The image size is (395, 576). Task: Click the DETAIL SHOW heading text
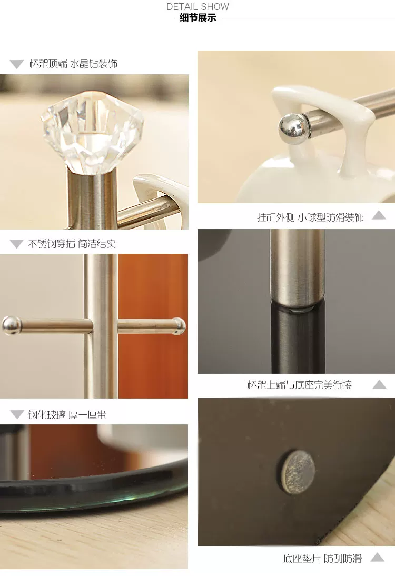pyautogui.click(x=197, y=7)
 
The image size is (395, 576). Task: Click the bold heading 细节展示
pyautogui.click(x=197, y=17)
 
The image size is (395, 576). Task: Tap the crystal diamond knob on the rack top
pyautogui.click(x=92, y=132)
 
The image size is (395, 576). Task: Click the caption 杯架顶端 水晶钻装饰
pyautogui.click(x=74, y=64)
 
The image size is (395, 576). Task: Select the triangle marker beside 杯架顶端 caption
pyautogui.click(x=16, y=64)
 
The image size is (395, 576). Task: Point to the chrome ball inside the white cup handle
pyautogui.click(x=291, y=128)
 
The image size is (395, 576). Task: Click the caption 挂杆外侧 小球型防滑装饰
pyautogui.click(x=311, y=217)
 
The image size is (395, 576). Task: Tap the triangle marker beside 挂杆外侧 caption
pyautogui.click(x=379, y=215)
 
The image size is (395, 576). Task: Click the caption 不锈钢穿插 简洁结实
pyautogui.click(x=72, y=244)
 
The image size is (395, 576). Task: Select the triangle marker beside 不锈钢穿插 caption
pyautogui.click(x=16, y=244)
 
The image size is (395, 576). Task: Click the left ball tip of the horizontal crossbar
pyautogui.click(x=12, y=325)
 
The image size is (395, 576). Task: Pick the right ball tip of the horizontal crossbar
pyautogui.click(x=179, y=326)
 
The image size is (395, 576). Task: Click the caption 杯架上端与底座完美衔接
pyautogui.click(x=300, y=384)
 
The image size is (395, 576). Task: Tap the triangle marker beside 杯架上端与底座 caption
pyautogui.click(x=379, y=384)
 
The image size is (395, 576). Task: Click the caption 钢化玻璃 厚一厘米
pyautogui.click(x=67, y=415)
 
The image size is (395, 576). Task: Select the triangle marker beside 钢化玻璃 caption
pyautogui.click(x=17, y=415)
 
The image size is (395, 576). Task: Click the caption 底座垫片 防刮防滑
pyautogui.click(x=322, y=559)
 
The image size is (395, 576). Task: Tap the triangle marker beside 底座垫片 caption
pyautogui.click(x=378, y=557)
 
